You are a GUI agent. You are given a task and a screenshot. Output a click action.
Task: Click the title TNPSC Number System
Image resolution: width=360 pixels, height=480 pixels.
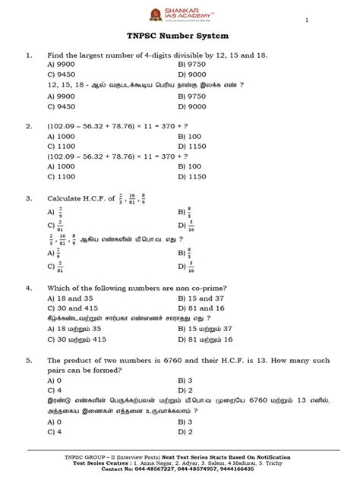pos(179,36)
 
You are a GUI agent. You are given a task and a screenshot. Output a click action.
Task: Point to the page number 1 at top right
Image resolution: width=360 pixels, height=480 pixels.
pos(307,21)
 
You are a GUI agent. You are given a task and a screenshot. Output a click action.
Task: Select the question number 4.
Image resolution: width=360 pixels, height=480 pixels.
pos(30,289)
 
